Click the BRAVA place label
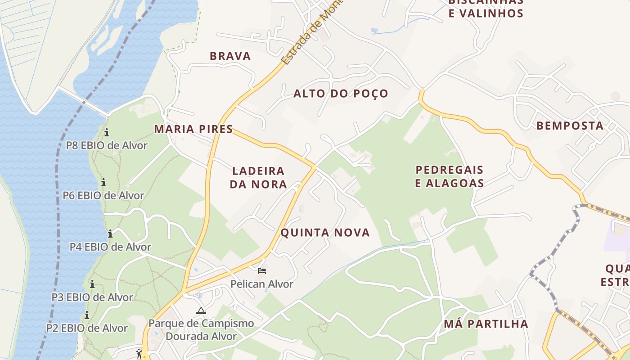coord(230,56)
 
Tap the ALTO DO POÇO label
coord(341,94)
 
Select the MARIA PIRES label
coord(193,129)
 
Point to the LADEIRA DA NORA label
coord(258,177)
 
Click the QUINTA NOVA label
coord(325,233)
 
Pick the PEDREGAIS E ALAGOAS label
coord(449,176)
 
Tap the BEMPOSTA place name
coord(570,126)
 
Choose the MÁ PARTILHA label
coord(486,324)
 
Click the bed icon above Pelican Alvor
coord(262,271)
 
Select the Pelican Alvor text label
coord(262,284)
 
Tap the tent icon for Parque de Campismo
coord(201,310)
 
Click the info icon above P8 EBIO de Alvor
coord(107,133)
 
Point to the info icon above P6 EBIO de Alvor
coord(103,182)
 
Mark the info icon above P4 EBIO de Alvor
coord(110,234)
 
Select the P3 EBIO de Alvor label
coord(92,297)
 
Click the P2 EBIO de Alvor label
coord(87,328)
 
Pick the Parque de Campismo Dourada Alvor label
coord(201,330)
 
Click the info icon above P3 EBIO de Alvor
coord(92,284)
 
